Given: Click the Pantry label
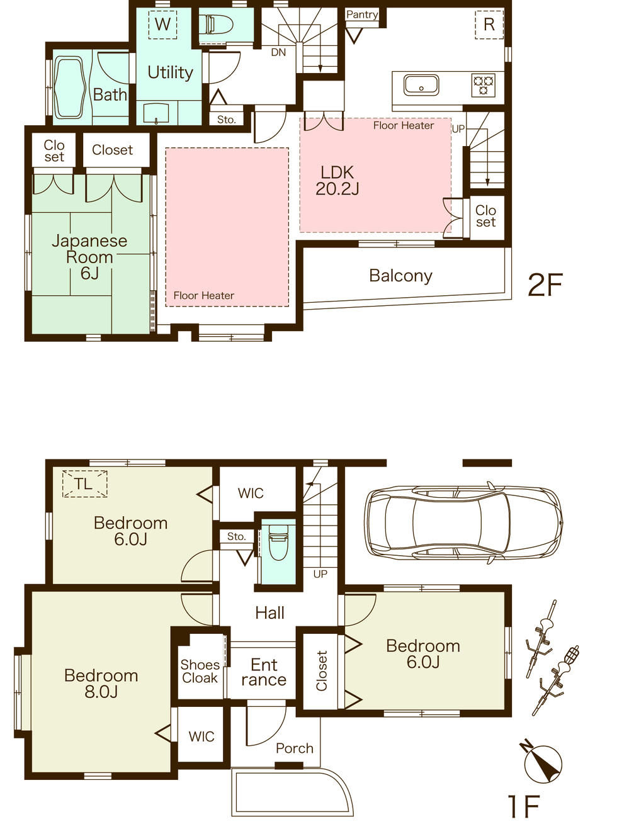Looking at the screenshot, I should click(x=362, y=14).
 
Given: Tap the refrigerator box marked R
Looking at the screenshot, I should click(x=489, y=25).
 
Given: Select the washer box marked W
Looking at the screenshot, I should click(x=162, y=25).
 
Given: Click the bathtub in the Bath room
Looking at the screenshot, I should click(x=69, y=87).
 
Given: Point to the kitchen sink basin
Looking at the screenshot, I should click(x=421, y=84).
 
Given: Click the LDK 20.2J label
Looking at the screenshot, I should click(x=337, y=181).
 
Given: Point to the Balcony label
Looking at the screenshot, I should click(x=400, y=276).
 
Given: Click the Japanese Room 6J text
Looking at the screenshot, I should click(x=89, y=257).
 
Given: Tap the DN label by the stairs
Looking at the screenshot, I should click(x=278, y=52).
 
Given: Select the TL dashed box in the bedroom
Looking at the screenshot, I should click(x=84, y=484).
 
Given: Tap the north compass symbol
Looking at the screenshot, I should click(x=543, y=762).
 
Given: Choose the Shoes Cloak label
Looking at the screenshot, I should click(x=200, y=671).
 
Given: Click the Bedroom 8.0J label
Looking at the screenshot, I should click(x=101, y=684).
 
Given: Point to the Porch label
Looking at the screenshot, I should click(x=294, y=748).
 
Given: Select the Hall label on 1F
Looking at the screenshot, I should click(x=269, y=612).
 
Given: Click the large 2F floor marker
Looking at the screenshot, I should click(x=545, y=285).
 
